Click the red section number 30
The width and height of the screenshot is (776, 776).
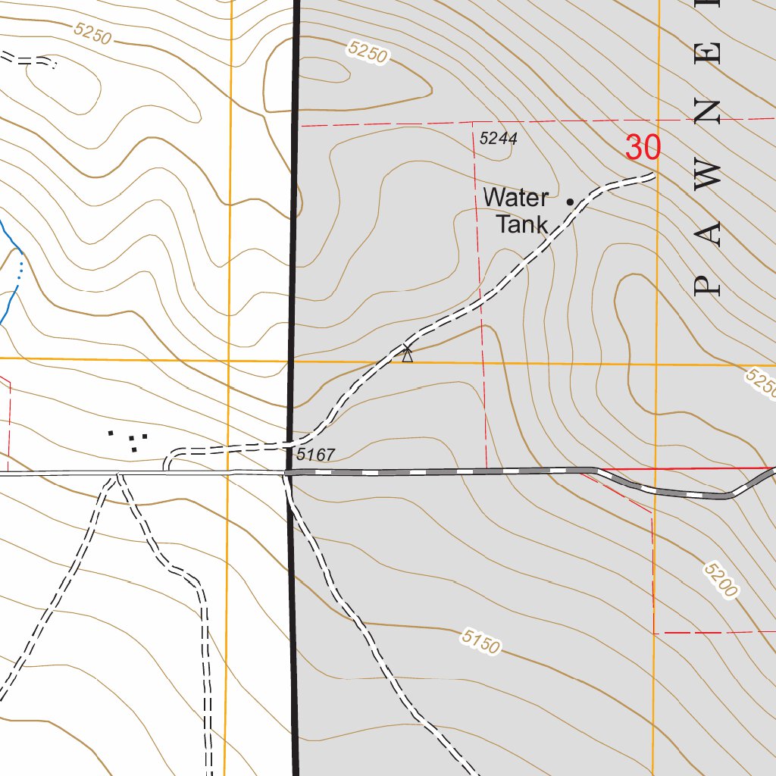[643, 148]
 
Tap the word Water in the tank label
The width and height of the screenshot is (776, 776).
[515, 199]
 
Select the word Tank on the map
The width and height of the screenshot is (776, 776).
[521, 224]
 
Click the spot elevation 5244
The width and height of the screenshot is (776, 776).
[498, 139]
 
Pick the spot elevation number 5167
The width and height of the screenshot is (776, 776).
[315, 455]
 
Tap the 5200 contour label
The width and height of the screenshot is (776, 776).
[720, 580]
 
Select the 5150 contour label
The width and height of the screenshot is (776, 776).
[480, 641]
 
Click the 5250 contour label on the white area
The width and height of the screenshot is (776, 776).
[93, 33]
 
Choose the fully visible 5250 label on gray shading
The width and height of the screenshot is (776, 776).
[368, 52]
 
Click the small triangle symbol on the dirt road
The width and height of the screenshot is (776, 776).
[408, 354]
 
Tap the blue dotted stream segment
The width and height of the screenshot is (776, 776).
[20, 268]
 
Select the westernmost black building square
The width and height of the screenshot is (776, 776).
[111, 433]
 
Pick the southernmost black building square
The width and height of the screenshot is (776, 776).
[133, 450]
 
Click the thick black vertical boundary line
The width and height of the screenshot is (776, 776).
[293, 227]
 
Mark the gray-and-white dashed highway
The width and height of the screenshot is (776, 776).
[440, 472]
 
